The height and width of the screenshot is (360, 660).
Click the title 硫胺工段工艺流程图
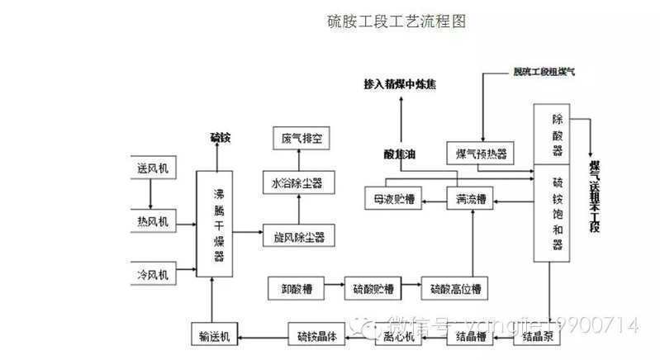396,21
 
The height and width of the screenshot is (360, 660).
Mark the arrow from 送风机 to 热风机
150,194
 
